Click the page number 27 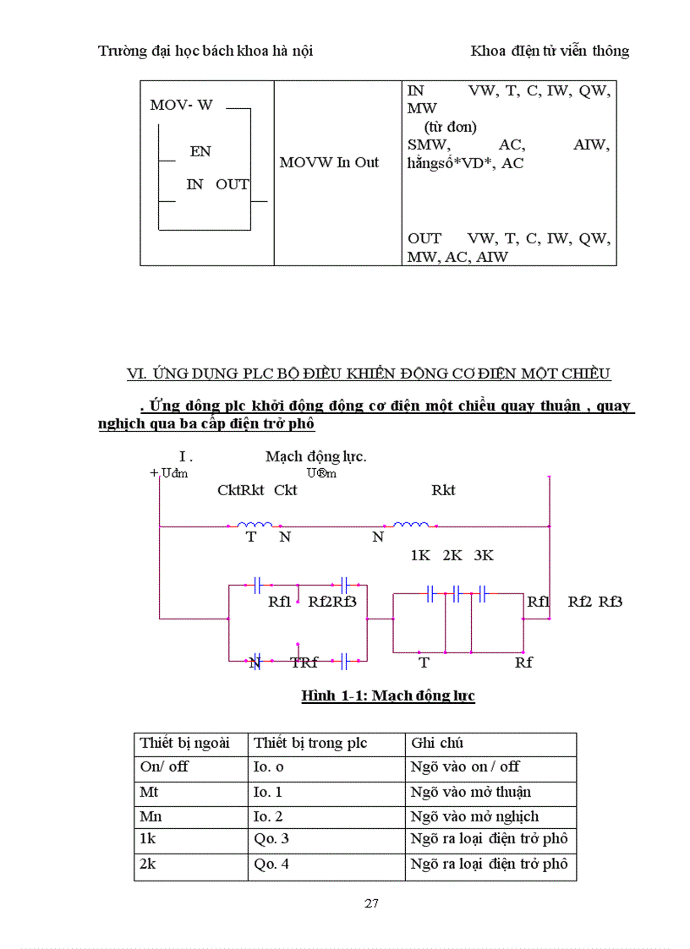pos(371,903)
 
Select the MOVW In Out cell pos(329,162)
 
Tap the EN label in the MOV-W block pos(200,151)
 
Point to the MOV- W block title pos(181,105)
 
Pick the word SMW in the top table pos(428,145)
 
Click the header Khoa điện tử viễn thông pos(550,51)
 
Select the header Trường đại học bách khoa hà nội pos(205,51)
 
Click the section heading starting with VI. pos(368,374)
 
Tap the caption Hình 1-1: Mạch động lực pos(388,696)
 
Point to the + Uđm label pos(168,473)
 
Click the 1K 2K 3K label pos(452,555)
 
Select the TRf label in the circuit pos(304,663)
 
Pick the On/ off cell pos(164,767)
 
